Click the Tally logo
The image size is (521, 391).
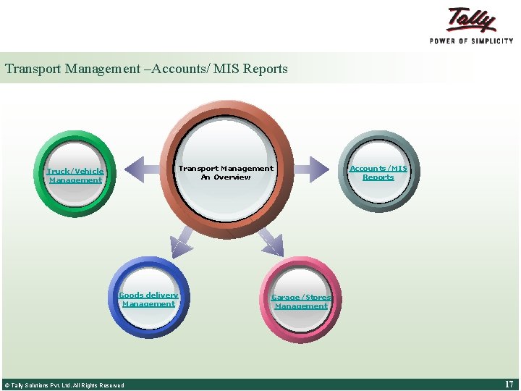coord(471,20)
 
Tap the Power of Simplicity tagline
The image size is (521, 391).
coord(471,41)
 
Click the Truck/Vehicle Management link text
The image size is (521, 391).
coord(75,175)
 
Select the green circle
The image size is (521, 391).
coord(75,195)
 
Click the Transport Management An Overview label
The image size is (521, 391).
coord(226,172)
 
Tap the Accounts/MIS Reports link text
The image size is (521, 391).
coord(378,172)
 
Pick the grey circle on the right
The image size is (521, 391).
coord(378,195)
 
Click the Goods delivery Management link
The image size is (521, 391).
coord(148,299)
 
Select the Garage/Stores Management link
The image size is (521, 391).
coord(301,301)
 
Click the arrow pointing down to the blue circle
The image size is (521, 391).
coord(182,241)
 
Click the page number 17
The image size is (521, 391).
coord(509,384)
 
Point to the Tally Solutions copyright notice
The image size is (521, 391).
coord(64,385)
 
